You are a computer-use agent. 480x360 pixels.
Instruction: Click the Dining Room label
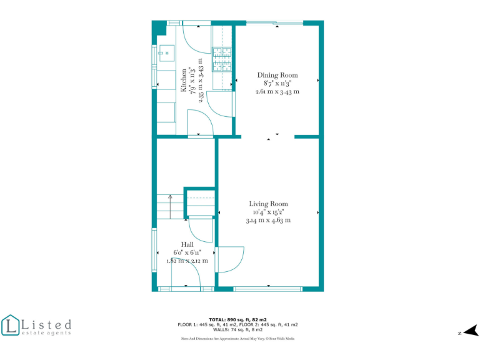[x=277, y=75]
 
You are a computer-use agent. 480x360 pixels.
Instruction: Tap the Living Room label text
[x=269, y=204]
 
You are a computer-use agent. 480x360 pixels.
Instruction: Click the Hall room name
[x=187, y=244]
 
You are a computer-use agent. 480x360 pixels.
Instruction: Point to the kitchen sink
[x=166, y=53]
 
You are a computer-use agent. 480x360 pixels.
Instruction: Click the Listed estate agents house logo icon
[x=10, y=325]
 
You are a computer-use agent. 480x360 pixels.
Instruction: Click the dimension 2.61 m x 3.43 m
[x=277, y=92]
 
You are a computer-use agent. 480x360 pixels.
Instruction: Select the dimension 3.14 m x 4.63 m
[x=269, y=220]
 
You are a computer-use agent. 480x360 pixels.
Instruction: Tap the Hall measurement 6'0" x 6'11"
[x=187, y=252]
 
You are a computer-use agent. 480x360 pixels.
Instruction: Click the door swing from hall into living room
[x=230, y=258]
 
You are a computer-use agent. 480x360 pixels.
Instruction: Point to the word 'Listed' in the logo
[x=46, y=324]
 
